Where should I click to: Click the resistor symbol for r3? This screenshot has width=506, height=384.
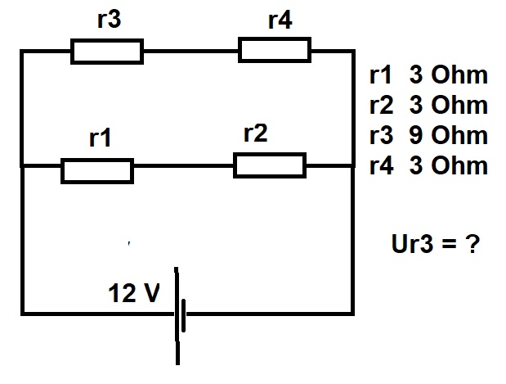pos(107,52)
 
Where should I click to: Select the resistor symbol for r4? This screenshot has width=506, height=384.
pos(275,50)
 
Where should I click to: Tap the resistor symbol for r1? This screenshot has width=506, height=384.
pos(97,171)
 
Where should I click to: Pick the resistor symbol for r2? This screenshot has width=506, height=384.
pos(270,165)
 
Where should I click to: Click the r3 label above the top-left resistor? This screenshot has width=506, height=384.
pos(109,20)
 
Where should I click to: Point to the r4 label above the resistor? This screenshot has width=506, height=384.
pos(280,20)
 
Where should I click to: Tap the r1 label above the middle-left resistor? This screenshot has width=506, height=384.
pos(100,138)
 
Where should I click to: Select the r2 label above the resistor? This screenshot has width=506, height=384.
pos(256,133)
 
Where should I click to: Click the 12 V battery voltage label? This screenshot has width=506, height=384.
pos(134,293)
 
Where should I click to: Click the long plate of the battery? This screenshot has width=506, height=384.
pos(177,316)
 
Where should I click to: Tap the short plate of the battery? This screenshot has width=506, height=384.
pos(184,315)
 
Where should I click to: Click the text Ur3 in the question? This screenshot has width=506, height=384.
pos(412,243)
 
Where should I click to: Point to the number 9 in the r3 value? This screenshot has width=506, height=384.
pos(416,135)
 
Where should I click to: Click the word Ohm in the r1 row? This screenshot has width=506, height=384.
pos(459,75)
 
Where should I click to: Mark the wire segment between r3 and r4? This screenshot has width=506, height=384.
pos(191,51)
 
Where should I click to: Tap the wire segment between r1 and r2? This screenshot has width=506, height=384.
pos(184,166)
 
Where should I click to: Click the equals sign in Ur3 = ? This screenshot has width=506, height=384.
pos(450,244)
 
